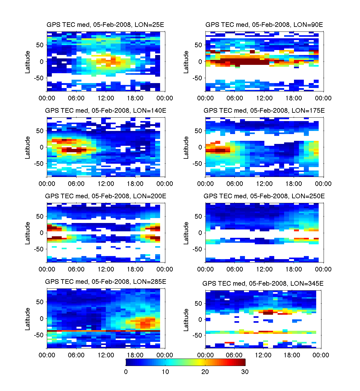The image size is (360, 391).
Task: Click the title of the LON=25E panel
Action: coord(106,25)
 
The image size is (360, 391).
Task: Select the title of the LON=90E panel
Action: coord(264,25)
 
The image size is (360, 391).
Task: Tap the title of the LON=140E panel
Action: coord(106,111)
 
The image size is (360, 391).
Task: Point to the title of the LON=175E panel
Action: coord(264,111)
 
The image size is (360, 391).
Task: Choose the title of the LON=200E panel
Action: coord(106,196)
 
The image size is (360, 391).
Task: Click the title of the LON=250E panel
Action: coord(264,196)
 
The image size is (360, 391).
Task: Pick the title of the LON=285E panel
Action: coord(106,282)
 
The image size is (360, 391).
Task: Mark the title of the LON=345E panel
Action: coord(263,284)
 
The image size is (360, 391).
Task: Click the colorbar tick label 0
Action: coord(126,372)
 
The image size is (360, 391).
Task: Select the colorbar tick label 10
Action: coord(165,372)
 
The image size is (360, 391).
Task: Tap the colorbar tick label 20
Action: coord(205,372)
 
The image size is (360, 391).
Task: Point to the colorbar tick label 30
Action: coord(245,372)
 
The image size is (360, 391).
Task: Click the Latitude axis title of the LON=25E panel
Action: coord(28,62)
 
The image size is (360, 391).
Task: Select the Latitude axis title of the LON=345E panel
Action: coord(186,320)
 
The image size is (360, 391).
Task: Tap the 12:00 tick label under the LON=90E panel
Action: coord(264,98)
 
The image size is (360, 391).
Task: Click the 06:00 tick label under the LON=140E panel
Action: coord(76,184)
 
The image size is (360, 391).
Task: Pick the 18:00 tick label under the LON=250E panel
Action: coord(294,269)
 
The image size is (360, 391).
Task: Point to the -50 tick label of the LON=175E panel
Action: coord(197,164)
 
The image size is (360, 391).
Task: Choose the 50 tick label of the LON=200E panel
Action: coord(40,217)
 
